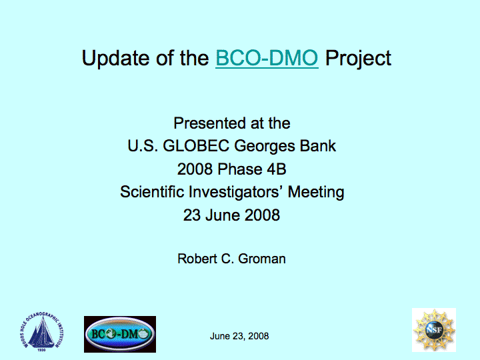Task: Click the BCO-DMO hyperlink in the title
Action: (x=267, y=57)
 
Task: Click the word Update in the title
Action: (x=116, y=58)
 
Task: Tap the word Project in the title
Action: (x=358, y=58)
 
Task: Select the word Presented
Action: (x=209, y=123)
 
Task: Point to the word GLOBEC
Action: (x=196, y=146)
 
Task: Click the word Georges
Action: (x=264, y=146)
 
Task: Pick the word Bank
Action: (x=318, y=146)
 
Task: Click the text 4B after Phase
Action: (x=277, y=169)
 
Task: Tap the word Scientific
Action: (x=152, y=191)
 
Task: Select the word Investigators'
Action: (x=235, y=192)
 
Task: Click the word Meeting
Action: (x=316, y=192)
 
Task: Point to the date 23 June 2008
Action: (x=231, y=215)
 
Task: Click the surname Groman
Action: (x=262, y=259)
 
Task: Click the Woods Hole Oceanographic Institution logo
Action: (x=42, y=332)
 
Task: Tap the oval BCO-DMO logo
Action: (x=120, y=334)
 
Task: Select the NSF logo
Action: (x=434, y=330)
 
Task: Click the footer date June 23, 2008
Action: (x=239, y=336)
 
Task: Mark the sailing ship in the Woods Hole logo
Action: (x=41, y=333)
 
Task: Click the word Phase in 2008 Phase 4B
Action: (x=240, y=169)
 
